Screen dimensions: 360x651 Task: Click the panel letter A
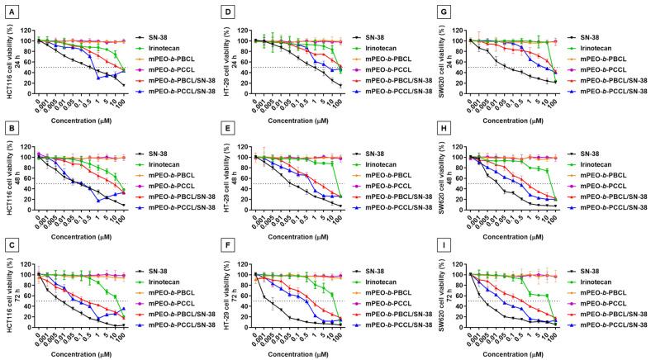(x=6, y=7)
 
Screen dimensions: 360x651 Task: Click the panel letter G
(x=440, y=7)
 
